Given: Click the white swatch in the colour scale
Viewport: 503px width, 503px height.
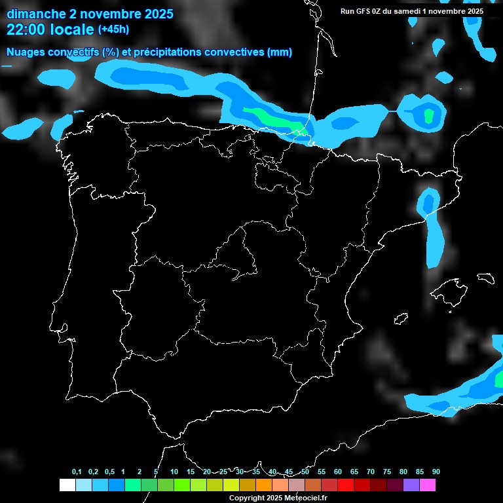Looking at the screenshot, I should pos(67,485).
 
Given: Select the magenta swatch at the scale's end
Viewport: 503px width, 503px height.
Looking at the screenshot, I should pos(428,485).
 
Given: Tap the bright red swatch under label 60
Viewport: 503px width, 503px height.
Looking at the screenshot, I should pos(346,485).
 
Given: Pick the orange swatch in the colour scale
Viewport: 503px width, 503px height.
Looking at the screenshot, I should pos(264,485).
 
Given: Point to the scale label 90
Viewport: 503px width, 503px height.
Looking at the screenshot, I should pos(436,472).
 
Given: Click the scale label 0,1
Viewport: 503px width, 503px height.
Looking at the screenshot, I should pos(77,472).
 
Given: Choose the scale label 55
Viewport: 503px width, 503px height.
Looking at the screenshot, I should pos(322,472).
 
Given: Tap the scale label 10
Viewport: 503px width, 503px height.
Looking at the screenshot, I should pos(174,472).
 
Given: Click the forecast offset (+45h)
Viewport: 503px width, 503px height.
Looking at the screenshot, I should pos(113,29).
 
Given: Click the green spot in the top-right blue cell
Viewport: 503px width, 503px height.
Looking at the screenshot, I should pos(429,116).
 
